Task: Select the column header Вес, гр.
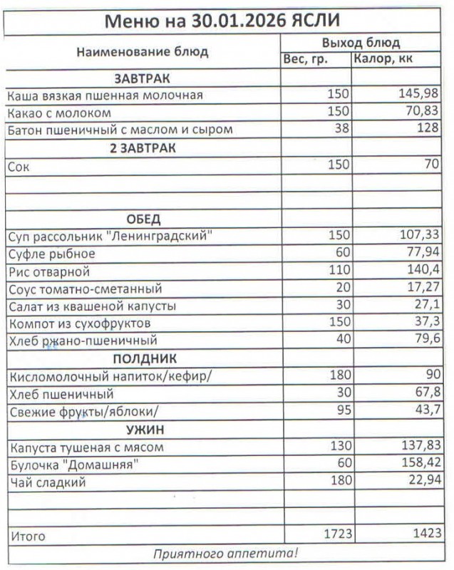pos(306,59)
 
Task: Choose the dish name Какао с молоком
pos(59,113)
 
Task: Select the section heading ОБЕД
pos(143,218)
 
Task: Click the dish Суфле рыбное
pos(51,253)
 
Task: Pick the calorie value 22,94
pos(423,482)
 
